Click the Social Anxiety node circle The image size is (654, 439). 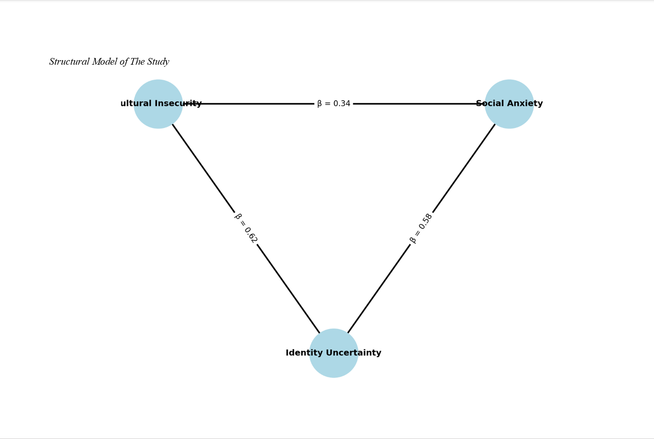click(509, 115)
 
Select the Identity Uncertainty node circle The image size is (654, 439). click(333, 365)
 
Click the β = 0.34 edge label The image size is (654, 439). click(333, 103)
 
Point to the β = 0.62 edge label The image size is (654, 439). click(246, 228)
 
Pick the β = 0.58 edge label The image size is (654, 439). click(421, 228)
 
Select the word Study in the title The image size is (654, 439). click(158, 62)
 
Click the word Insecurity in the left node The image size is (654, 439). click(178, 103)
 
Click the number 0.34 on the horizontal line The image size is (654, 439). click(342, 103)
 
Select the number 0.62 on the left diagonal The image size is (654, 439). click(250, 235)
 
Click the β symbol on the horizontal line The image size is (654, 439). click(319, 103)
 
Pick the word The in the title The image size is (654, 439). click(137, 62)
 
